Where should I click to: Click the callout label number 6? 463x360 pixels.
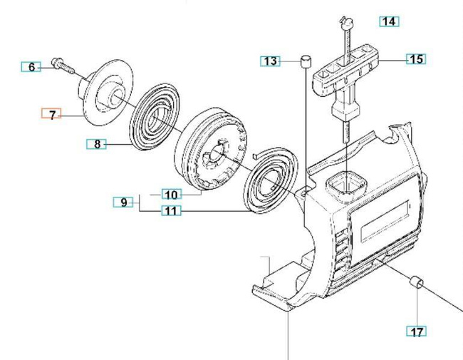(x=31, y=67)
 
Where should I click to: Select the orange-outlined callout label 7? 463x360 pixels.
(x=52, y=114)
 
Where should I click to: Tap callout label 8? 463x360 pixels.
(x=98, y=145)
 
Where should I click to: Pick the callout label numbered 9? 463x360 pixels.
(x=124, y=202)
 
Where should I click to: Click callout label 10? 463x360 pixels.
(x=172, y=194)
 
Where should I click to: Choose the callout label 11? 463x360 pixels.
(x=171, y=210)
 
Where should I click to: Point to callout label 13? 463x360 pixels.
(x=271, y=61)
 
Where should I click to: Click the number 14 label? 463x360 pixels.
(x=389, y=21)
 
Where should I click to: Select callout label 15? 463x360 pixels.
(x=416, y=59)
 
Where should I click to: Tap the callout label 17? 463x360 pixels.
(x=417, y=331)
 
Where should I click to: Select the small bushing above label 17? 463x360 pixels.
(x=415, y=283)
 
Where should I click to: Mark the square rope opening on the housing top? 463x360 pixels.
(x=345, y=187)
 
